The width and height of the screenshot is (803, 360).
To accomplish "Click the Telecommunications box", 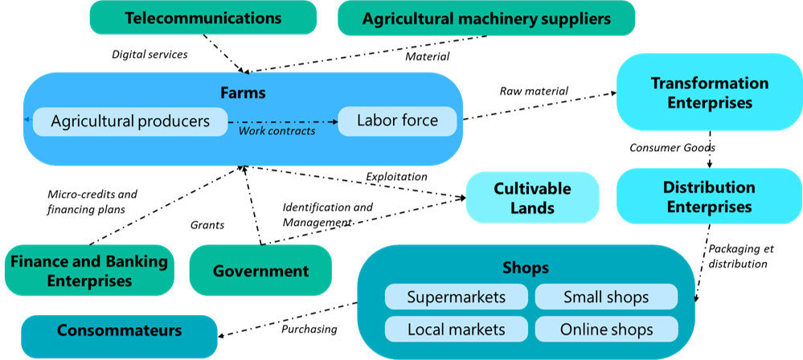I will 203,18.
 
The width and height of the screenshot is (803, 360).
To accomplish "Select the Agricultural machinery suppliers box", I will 486,18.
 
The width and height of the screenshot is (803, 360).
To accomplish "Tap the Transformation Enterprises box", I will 709,92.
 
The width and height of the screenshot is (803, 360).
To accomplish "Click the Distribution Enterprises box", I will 709,197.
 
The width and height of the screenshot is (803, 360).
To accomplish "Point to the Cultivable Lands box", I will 532,198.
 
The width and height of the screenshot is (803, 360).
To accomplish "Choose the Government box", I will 260,271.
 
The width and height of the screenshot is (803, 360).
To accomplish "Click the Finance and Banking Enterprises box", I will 89,271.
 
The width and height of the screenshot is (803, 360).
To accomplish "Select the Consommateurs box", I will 119,330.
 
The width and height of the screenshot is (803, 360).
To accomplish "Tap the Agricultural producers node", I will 129,121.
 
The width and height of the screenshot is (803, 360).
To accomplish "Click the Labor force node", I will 397,121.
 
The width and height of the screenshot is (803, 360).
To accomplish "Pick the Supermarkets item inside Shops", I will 457,297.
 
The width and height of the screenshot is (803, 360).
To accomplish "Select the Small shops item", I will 606,297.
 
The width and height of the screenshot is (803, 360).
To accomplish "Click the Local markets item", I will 457,329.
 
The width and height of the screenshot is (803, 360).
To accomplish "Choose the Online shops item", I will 606,329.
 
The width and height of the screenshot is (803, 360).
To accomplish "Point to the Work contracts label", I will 277,131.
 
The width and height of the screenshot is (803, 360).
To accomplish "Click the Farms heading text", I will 243,93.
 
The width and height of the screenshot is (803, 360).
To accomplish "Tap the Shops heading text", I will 526,268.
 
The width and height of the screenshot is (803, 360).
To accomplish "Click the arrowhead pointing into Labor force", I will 333,122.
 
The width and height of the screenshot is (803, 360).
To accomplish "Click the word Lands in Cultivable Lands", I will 532,208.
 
